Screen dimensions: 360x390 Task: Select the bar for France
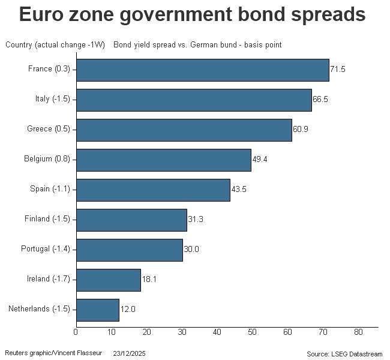click(x=203, y=70)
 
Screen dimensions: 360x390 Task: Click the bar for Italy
click(x=194, y=100)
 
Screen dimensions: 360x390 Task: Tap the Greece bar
click(x=184, y=130)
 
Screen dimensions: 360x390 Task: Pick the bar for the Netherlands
click(x=98, y=310)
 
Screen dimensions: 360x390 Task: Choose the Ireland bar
click(x=109, y=280)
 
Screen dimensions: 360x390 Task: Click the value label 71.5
click(x=338, y=70)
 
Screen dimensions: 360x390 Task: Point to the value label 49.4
click(x=260, y=160)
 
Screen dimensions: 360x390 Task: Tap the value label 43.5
click(x=239, y=190)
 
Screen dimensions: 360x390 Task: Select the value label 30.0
click(x=191, y=250)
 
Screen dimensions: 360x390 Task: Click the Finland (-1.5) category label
click(x=47, y=219)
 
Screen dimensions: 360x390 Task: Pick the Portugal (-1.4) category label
click(x=46, y=249)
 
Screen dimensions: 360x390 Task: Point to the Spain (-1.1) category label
click(x=50, y=189)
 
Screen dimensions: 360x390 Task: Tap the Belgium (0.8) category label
click(x=47, y=159)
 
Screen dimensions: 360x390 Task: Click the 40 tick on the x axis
click(x=217, y=332)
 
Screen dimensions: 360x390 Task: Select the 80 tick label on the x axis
click(x=358, y=332)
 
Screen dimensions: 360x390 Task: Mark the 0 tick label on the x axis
click(x=76, y=332)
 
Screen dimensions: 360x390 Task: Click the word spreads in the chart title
click(x=319, y=14)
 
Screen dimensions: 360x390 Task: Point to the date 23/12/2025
click(x=130, y=352)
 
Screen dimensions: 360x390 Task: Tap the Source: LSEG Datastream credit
click(x=344, y=353)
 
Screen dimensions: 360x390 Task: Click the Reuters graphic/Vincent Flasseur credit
click(x=53, y=352)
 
